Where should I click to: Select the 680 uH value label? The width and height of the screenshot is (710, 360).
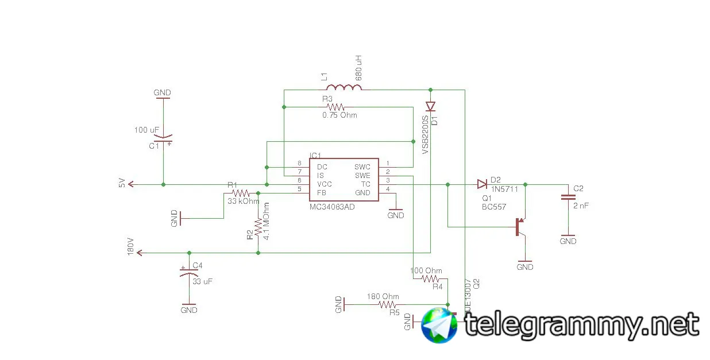(359, 68)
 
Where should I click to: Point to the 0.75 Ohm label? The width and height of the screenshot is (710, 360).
(339, 115)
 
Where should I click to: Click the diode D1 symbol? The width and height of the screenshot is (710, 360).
(430, 106)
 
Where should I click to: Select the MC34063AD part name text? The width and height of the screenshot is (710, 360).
(332, 207)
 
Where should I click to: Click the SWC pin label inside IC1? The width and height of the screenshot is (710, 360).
(362, 167)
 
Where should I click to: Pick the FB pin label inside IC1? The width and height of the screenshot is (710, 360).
(322, 193)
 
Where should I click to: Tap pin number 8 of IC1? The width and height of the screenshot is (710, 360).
(299, 164)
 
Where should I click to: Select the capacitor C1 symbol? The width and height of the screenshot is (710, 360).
(164, 139)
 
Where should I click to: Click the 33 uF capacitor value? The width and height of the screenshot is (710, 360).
(202, 282)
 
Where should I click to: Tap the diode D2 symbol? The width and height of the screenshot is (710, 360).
(481, 184)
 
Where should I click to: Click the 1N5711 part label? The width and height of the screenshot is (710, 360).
(504, 188)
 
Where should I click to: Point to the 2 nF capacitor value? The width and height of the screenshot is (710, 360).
(580, 205)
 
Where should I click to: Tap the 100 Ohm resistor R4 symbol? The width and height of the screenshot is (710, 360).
(430, 279)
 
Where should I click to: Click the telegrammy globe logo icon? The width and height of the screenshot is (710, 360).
(439, 325)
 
